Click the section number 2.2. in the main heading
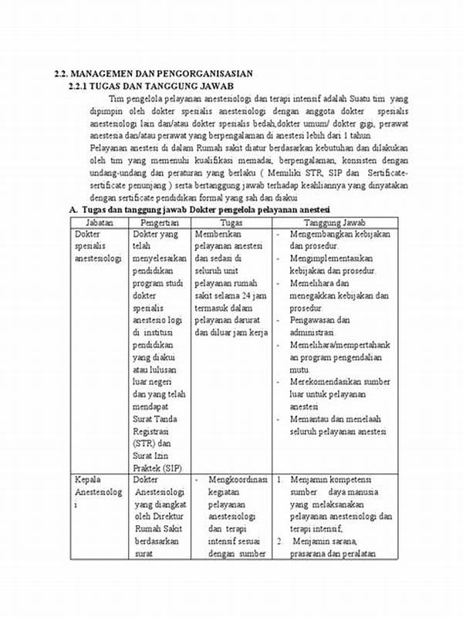63,73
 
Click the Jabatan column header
98,221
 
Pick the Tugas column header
231,221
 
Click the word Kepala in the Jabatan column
88,480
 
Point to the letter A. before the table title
73,209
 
